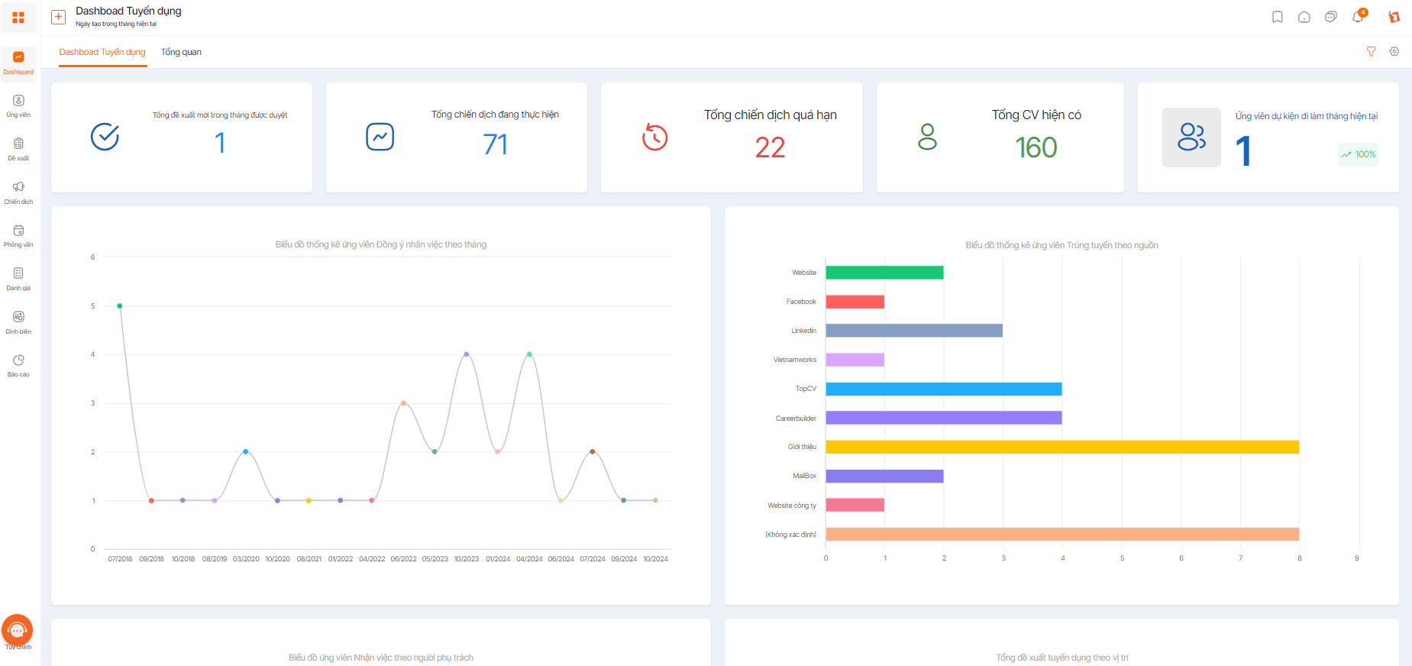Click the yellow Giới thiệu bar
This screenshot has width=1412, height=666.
[x=1062, y=447]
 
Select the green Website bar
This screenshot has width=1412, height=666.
[x=884, y=273]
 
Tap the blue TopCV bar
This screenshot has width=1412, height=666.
[x=944, y=389]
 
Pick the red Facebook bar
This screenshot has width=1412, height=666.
[x=855, y=302]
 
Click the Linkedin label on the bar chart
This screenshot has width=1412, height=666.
[x=803, y=331]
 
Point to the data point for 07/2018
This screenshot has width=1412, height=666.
[x=120, y=306]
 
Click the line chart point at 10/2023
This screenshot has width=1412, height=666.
[x=467, y=354]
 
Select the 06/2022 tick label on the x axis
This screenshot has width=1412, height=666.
[x=403, y=559]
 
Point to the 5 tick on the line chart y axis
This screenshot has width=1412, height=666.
[x=93, y=306]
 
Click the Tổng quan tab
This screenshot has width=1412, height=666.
[x=181, y=52]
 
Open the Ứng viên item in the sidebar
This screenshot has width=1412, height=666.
[x=18, y=106]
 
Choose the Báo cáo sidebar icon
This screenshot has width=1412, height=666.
[x=18, y=360]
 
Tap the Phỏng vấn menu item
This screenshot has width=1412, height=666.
[x=18, y=236]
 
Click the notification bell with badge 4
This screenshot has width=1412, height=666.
[x=1359, y=16]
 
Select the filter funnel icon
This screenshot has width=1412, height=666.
[x=1372, y=51]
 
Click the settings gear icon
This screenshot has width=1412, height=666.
[x=1394, y=51]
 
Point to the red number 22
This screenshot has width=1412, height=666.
[x=770, y=147]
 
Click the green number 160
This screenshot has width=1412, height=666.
[x=1036, y=147]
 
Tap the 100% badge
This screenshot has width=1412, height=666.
[x=1358, y=154]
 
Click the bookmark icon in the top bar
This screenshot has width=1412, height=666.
[x=1278, y=17]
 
